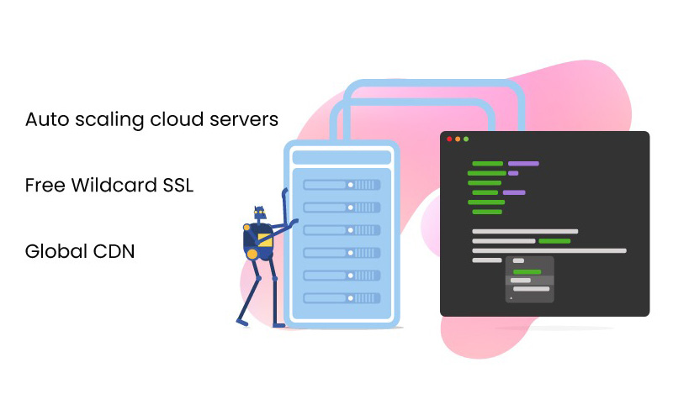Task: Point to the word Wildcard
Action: pyautogui.click(x=112, y=186)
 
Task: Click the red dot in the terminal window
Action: pyautogui.click(x=449, y=139)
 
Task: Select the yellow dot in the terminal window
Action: pyautogui.click(x=458, y=139)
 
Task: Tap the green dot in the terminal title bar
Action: pyautogui.click(x=466, y=139)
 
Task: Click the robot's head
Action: pyautogui.click(x=259, y=215)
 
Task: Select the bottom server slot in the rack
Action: pyautogui.click(x=342, y=297)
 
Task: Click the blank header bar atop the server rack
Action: pyautogui.click(x=342, y=157)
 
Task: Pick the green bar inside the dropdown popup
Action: pyautogui.click(x=527, y=271)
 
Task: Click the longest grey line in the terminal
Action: pyautogui.click(x=549, y=250)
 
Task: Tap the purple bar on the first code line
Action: pyautogui.click(x=523, y=163)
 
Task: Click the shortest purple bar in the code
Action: pyautogui.click(x=513, y=173)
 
